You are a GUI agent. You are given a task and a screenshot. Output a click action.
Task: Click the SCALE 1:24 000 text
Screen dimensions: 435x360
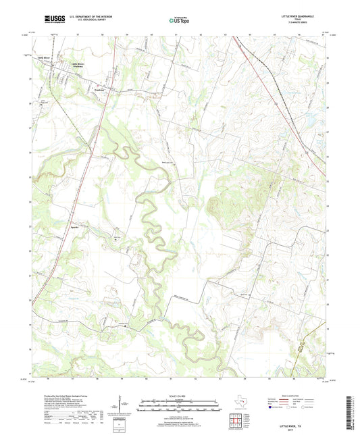point(179,396)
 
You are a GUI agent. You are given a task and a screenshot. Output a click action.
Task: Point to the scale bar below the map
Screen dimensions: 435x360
point(179,407)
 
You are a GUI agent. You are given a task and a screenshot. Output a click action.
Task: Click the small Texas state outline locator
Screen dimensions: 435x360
point(238,404)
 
